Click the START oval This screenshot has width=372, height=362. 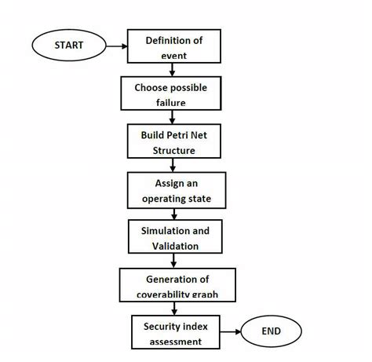(x=68, y=46)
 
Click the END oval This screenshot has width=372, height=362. (x=271, y=331)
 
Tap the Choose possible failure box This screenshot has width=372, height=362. (x=170, y=93)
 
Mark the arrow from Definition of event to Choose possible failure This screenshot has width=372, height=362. (x=170, y=70)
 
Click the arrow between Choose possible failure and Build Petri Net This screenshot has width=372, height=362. (x=170, y=117)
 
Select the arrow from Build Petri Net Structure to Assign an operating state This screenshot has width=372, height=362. (x=170, y=165)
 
